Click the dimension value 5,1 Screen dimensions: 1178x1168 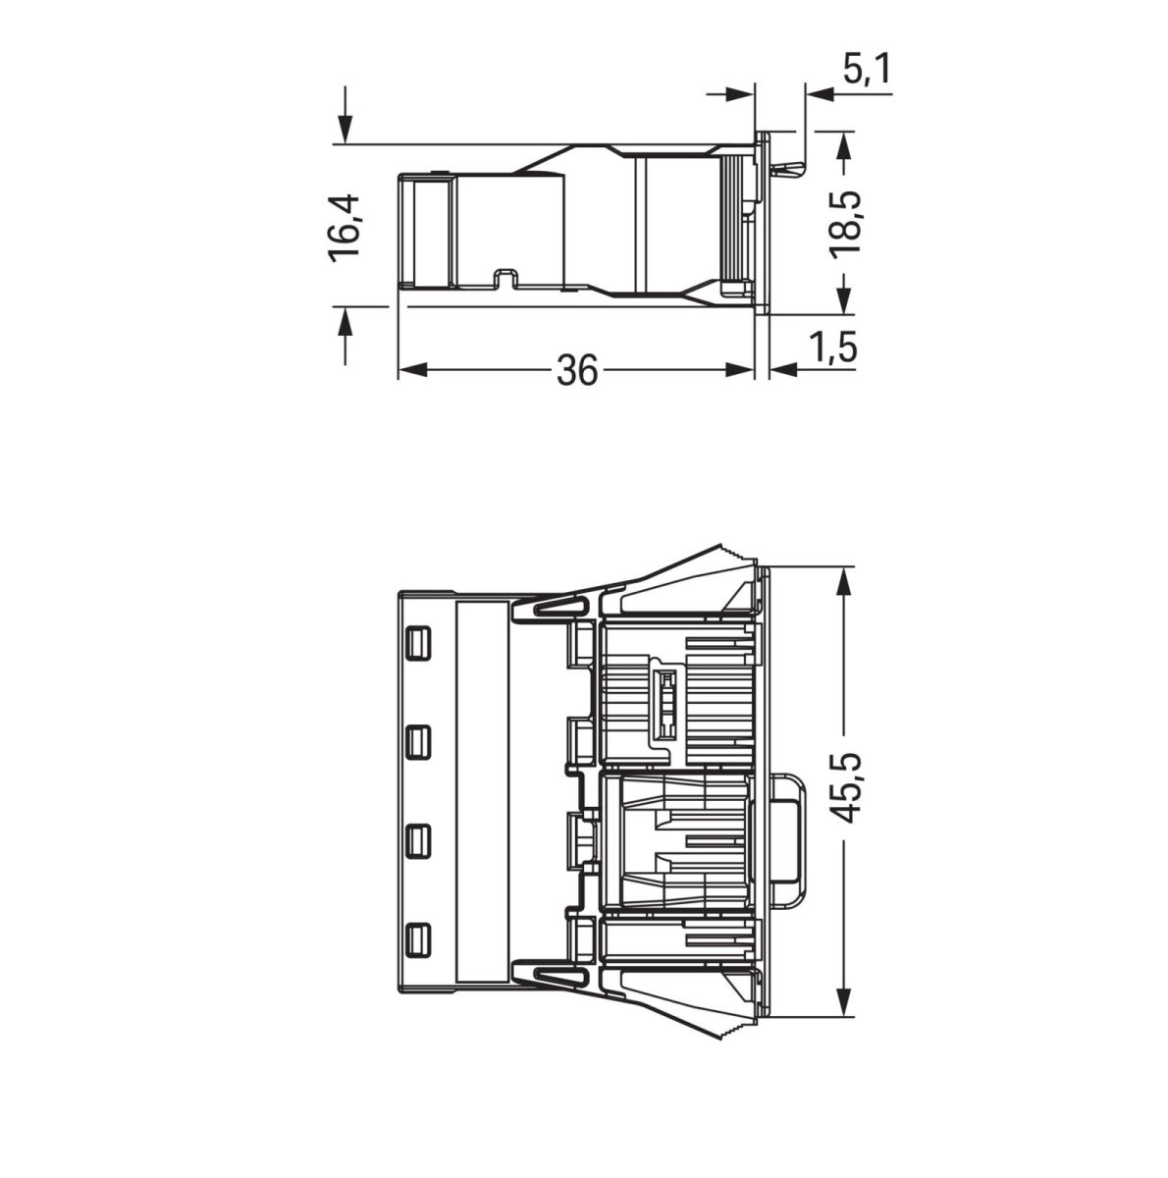[x=866, y=70]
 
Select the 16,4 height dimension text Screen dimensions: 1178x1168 [x=345, y=227]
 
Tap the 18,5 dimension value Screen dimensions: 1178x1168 [x=845, y=225]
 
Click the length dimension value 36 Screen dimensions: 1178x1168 [x=577, y=370]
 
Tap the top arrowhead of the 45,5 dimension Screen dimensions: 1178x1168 [x=843, y=580]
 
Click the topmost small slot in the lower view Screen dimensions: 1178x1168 [x=418, y=643]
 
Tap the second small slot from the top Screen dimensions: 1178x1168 [x=418, y=741]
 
